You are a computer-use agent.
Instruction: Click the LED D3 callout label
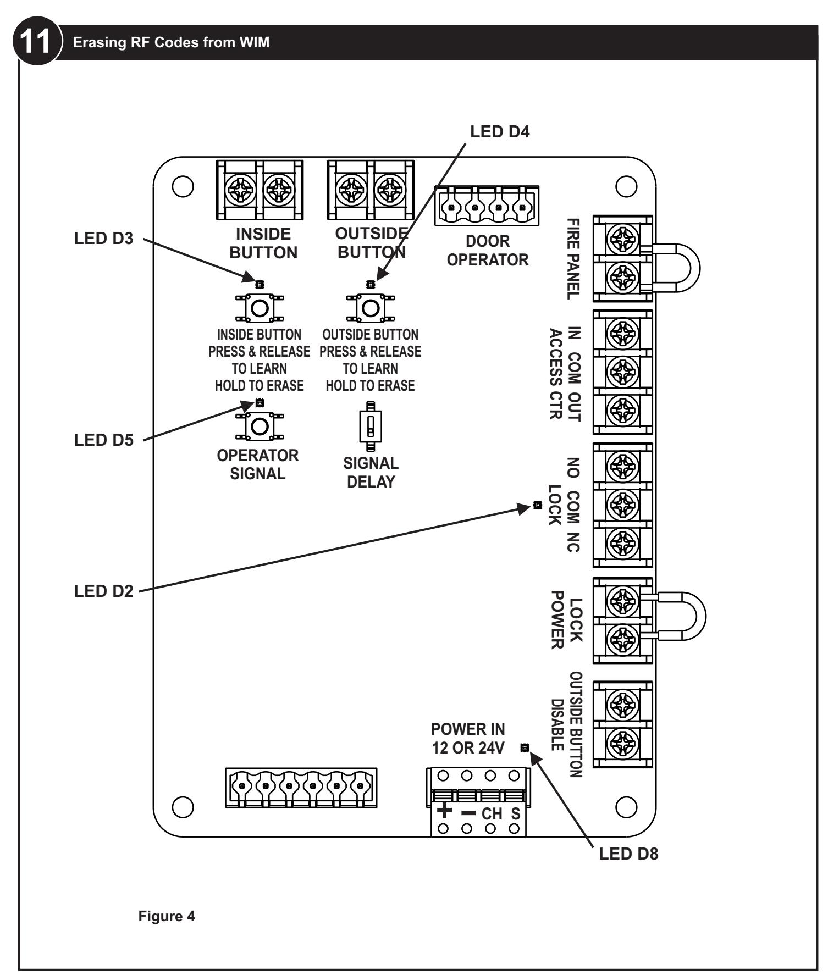[103, 239]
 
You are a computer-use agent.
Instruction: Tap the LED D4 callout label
[500, 131]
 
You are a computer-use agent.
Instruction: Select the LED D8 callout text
[628, 854]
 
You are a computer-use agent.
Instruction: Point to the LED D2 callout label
[103, 591]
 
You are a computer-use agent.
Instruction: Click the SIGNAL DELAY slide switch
[371, 426]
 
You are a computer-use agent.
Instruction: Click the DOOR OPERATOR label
[488, 250]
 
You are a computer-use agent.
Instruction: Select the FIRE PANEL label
[573, 258]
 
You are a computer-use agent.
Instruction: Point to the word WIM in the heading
[256, 42]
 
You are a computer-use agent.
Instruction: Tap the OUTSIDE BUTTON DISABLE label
[566, 725]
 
